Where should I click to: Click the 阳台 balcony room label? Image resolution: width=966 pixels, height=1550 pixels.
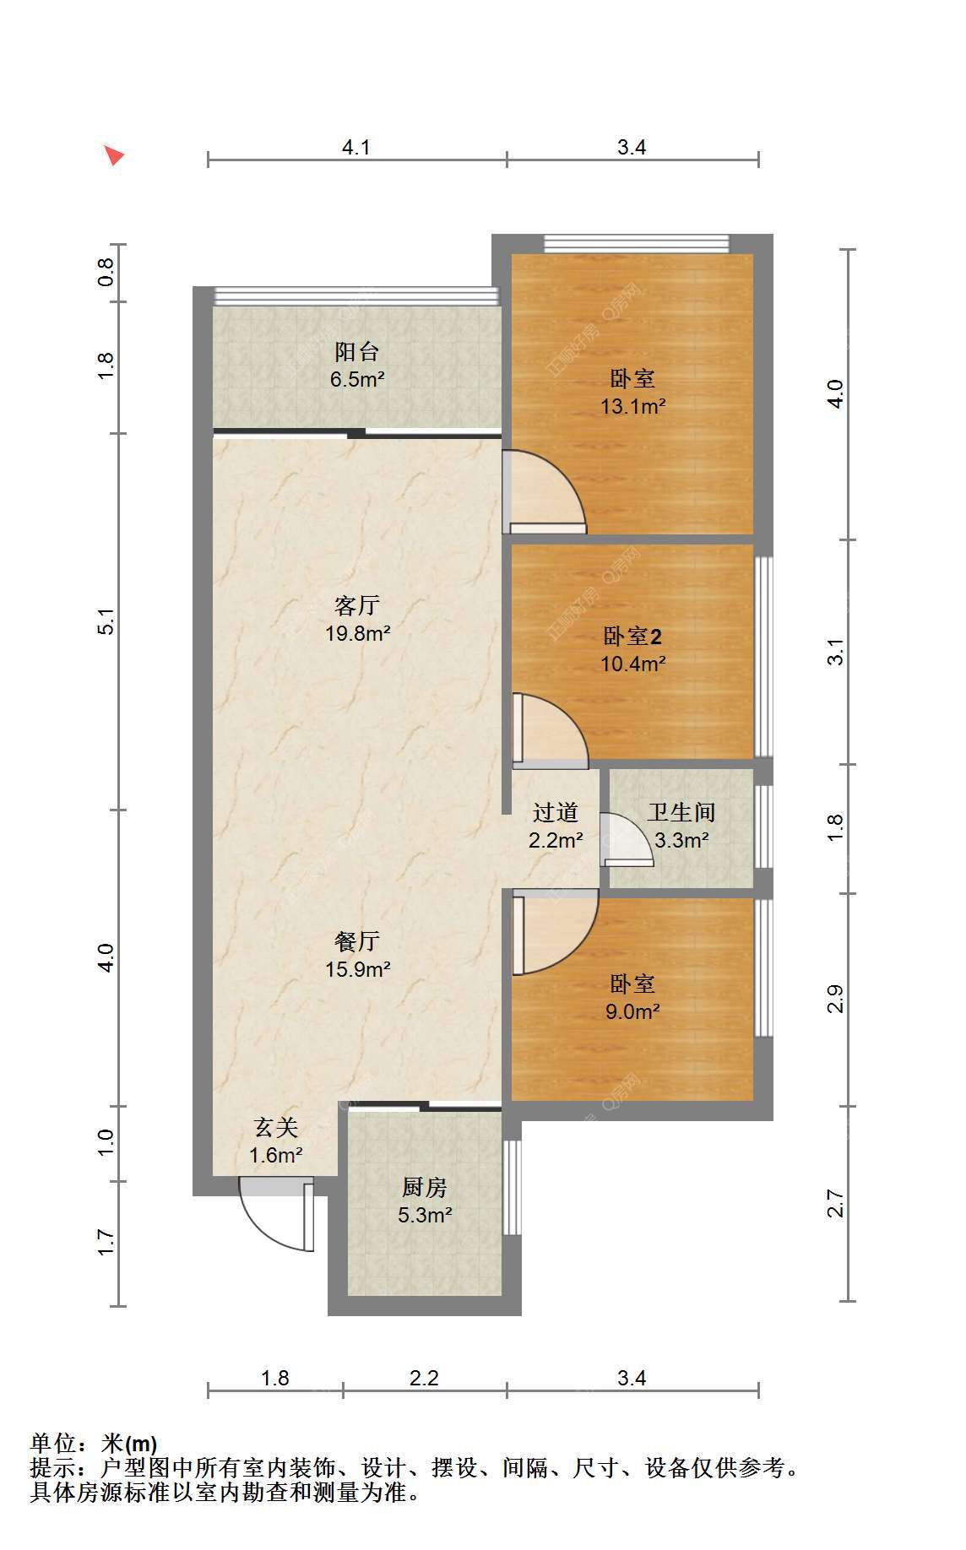point(357,351)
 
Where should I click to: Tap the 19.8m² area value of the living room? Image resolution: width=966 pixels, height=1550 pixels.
point(358,633)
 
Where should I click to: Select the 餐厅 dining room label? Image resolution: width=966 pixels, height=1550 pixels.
point(357,941)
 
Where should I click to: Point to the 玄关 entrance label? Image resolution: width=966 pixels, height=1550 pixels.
point(276,1128)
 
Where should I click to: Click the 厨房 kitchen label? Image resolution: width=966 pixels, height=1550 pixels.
point(424,1188)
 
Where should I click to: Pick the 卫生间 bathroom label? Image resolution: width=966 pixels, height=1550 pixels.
point(681,813)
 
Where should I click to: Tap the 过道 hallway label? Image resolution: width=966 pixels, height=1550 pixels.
point(556,813)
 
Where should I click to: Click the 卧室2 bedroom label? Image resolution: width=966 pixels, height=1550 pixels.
point(632,637)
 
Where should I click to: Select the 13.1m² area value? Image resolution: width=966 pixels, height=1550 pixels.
point(633,407)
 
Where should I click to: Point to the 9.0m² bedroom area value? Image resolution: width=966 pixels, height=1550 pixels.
point(632,1011)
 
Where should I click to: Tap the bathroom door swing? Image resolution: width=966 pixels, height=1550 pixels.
point(627,839)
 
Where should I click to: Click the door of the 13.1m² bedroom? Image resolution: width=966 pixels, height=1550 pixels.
point(544,492)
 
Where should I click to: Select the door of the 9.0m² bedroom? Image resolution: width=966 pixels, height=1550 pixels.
point(555,932)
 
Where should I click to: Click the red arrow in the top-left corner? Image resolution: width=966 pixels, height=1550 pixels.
point(114,155)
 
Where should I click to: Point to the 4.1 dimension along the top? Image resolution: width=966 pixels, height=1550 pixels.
point(356,148)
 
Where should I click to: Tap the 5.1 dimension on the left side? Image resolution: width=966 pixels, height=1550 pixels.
point(106,622)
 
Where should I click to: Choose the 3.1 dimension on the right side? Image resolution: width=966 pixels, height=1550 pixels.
point(835,652)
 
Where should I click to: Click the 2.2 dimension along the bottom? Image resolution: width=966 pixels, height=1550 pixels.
point(424,1379)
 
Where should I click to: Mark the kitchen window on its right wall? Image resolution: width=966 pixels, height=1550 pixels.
point(512,1188)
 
